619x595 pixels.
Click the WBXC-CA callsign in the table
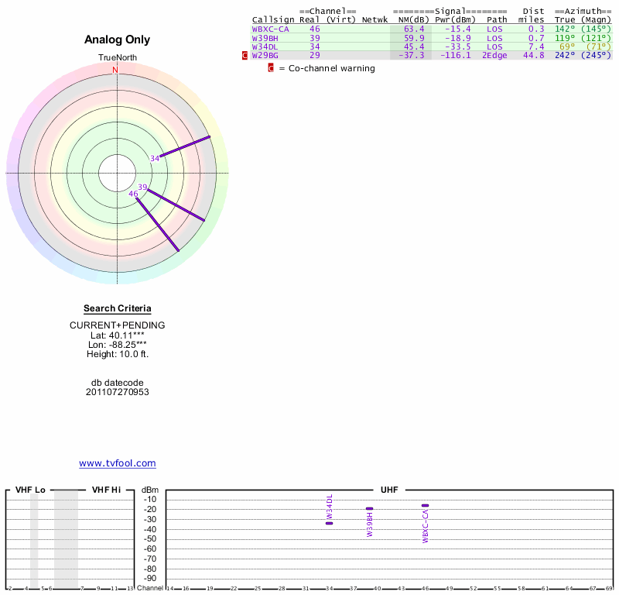(270, 29)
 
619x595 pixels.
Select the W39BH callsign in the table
(265, 37)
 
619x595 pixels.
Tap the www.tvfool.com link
(118, 463)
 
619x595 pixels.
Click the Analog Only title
(118, 40)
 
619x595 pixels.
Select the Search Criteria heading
(118, 308)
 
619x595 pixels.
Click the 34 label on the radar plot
(155, 158)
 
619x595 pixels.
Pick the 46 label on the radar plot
(133, 194)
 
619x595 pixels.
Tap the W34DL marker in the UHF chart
(330, 523)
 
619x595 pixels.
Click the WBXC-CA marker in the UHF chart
(425, 506)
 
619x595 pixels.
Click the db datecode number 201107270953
(118, 392)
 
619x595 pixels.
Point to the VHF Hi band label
(107, 490)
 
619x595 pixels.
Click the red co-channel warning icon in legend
(271, 68)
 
